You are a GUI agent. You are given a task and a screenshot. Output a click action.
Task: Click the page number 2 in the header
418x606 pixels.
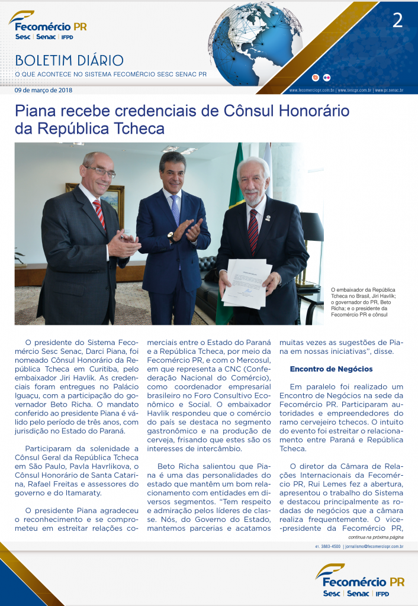397,21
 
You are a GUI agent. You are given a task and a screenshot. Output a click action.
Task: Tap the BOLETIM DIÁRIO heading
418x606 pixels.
69,61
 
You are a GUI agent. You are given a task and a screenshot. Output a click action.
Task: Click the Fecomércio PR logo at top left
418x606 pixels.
48,26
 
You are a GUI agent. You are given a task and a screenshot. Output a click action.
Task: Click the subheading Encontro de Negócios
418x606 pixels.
331,369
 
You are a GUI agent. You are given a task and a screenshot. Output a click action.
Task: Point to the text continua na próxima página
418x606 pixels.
375,537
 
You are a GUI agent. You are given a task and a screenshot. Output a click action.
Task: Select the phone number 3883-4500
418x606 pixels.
327,546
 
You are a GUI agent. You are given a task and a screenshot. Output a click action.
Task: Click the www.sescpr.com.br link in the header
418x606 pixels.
354,91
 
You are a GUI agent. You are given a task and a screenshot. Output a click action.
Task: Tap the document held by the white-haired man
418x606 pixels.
246,282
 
